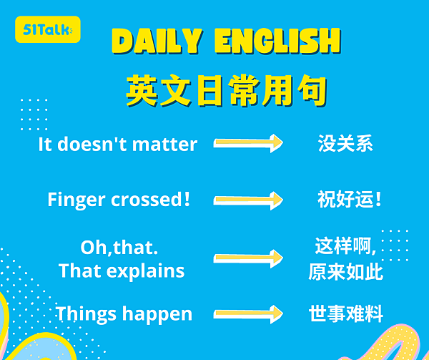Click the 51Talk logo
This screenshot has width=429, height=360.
[x=48, y=29]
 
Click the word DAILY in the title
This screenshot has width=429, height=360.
[x=157, y=41]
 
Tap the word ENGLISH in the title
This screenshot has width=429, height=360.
[x=277, y=41]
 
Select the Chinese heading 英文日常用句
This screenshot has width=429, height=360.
[x=227, y=91]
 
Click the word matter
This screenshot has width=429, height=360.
[x=164, y=145]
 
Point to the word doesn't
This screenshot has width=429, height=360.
[x=92, y=144]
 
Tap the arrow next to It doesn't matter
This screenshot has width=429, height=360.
[x=248, y=143]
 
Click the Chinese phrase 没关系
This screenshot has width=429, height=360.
[x=345, y=143]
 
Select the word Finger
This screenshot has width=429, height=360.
[x=77, y=200]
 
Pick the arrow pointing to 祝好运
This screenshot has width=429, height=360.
[x=248, y=200]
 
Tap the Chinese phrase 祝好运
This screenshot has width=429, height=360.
[x=350, y=199]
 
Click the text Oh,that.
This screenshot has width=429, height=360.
[x=119, y=248]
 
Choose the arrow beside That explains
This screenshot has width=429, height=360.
[x=248, y=258]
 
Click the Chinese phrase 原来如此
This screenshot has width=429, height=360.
[x=345, y=272]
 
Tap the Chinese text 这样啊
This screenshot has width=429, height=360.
[x=342, y=246]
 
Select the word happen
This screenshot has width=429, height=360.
[x=157, y=314]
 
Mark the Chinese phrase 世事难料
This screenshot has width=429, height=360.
[x=346, y=313]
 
